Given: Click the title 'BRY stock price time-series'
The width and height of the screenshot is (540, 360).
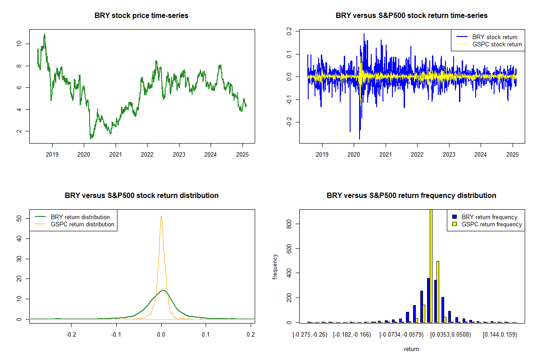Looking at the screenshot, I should pos(141,16).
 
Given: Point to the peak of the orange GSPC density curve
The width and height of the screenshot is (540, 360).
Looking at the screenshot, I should pos(161,216).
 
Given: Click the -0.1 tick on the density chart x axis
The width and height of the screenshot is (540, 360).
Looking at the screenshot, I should pos(116,335).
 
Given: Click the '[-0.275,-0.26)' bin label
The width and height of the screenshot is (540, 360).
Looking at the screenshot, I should pos(310,335).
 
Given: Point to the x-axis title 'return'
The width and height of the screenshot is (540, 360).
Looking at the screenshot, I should pos(411,349).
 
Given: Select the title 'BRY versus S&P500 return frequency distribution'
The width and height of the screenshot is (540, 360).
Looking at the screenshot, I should pos(411,196).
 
